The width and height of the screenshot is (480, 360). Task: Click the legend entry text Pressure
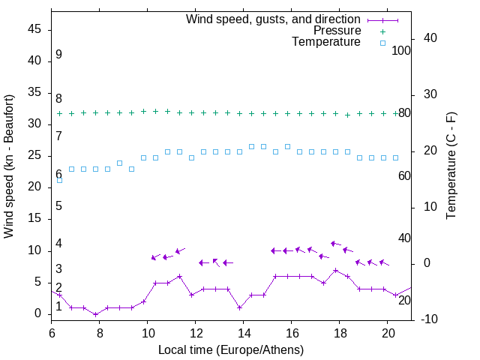click(337, 31)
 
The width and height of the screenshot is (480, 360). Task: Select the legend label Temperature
click(326, 42)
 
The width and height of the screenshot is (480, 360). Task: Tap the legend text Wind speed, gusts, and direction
click(274, 19)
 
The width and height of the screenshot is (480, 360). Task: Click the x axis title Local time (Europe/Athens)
click(231, 349)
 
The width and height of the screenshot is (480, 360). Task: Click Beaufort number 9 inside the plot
click(58, 55)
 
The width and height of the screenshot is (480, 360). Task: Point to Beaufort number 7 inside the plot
click(58, 136)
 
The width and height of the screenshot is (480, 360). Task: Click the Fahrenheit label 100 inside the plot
click(401, 50)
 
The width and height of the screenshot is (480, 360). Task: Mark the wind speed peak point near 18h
click(336, 270)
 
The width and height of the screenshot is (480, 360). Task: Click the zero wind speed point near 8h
click(96, 314)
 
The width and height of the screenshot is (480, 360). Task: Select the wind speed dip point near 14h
click(240, 307)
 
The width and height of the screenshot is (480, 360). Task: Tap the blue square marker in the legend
click(382, 43)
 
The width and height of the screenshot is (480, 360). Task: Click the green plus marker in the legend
click(382, 31)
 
